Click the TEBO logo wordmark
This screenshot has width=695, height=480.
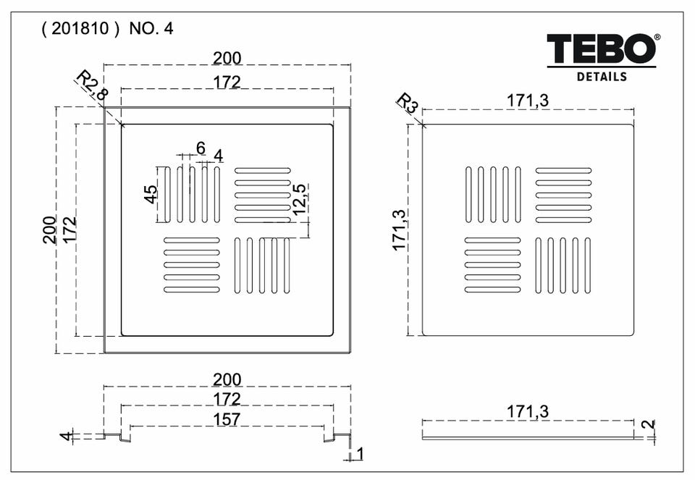pos(600,49)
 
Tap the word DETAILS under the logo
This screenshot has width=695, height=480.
pos(602,76)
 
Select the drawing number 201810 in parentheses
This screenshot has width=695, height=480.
pos(80,30)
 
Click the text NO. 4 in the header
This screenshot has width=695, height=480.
pos(151,30)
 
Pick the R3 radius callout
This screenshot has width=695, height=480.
pos(407,103)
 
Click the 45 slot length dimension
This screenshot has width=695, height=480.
pos(151,194)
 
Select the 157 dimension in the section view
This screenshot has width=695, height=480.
pos(227,418)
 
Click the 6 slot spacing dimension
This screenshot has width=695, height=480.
pos(201,147)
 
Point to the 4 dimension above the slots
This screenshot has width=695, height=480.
pos(218,155)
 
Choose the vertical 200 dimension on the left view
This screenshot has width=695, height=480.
pos(49,230)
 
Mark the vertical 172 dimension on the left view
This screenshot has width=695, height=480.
pos(69,230)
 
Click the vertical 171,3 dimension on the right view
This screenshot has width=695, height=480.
pos(400,230)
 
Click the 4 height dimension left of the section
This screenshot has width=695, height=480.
pos(65,437)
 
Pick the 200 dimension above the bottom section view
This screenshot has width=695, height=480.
pos(227,379)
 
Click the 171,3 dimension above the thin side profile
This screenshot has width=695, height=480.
pos(528,411)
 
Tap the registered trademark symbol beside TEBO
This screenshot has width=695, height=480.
pos(657,38)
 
